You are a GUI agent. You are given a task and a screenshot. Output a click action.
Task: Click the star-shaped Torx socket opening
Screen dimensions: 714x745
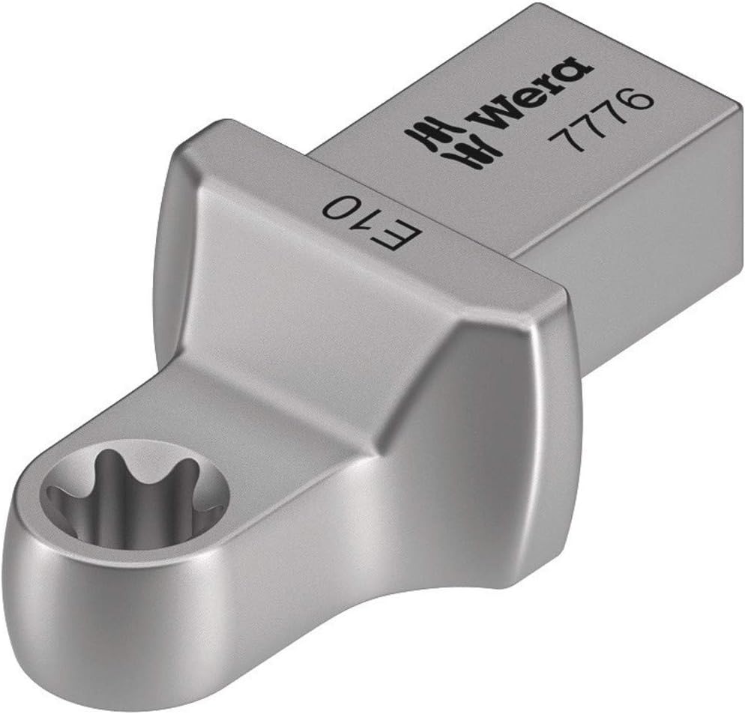pos(135,494)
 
